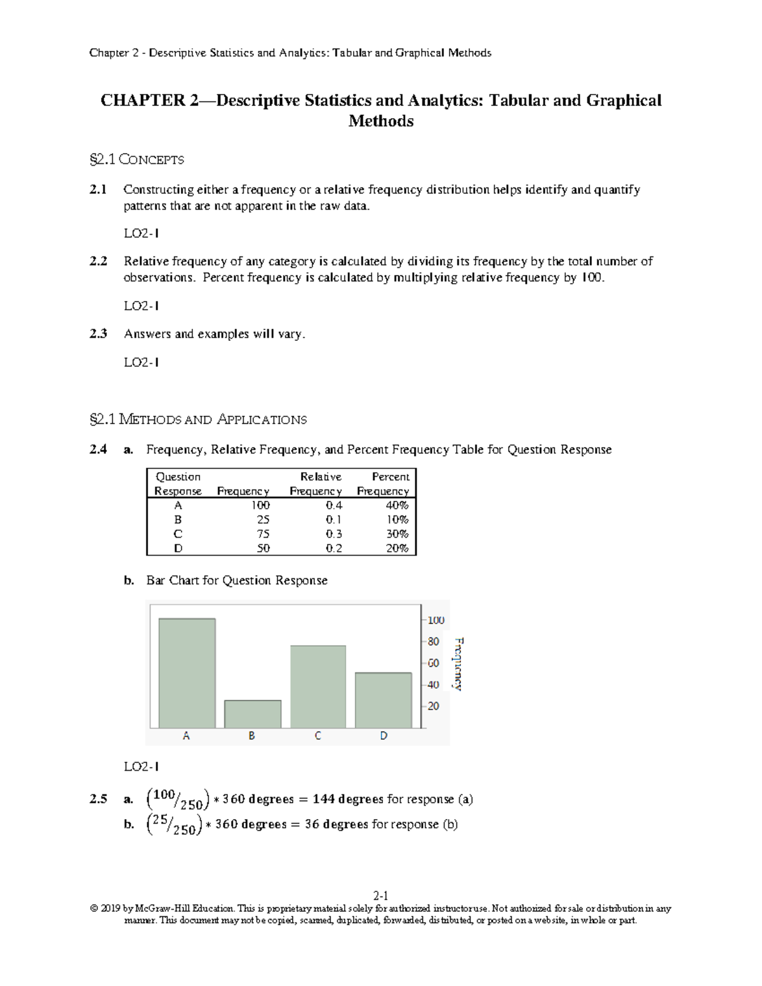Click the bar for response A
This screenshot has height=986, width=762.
click(187, 673)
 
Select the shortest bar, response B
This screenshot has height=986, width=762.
click(253, 714)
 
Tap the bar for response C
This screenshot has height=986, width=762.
click(318, 686)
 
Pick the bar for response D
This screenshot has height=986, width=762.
click(384, 700)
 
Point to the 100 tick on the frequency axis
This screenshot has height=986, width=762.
click(435, 620)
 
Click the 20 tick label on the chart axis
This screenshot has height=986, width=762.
click(433, 706)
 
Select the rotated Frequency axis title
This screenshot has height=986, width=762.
click(457, 663)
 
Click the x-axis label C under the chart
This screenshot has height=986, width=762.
click(317, 736)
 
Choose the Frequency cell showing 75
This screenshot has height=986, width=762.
click(263, 534)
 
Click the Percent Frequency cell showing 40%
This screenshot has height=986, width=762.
click(397, 505)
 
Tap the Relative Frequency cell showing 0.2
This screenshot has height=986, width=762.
click(334, 549)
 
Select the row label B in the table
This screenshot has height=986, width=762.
click(178, 519)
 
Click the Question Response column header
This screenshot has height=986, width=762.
click(178, 484)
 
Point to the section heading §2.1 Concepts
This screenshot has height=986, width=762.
click(137, 159)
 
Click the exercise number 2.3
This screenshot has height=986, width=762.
click(98, 333)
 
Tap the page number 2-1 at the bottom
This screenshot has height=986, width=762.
click(381, 896)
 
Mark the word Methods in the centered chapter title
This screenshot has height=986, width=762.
click(381, 121)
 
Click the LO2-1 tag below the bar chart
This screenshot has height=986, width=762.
click(141, 766)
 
